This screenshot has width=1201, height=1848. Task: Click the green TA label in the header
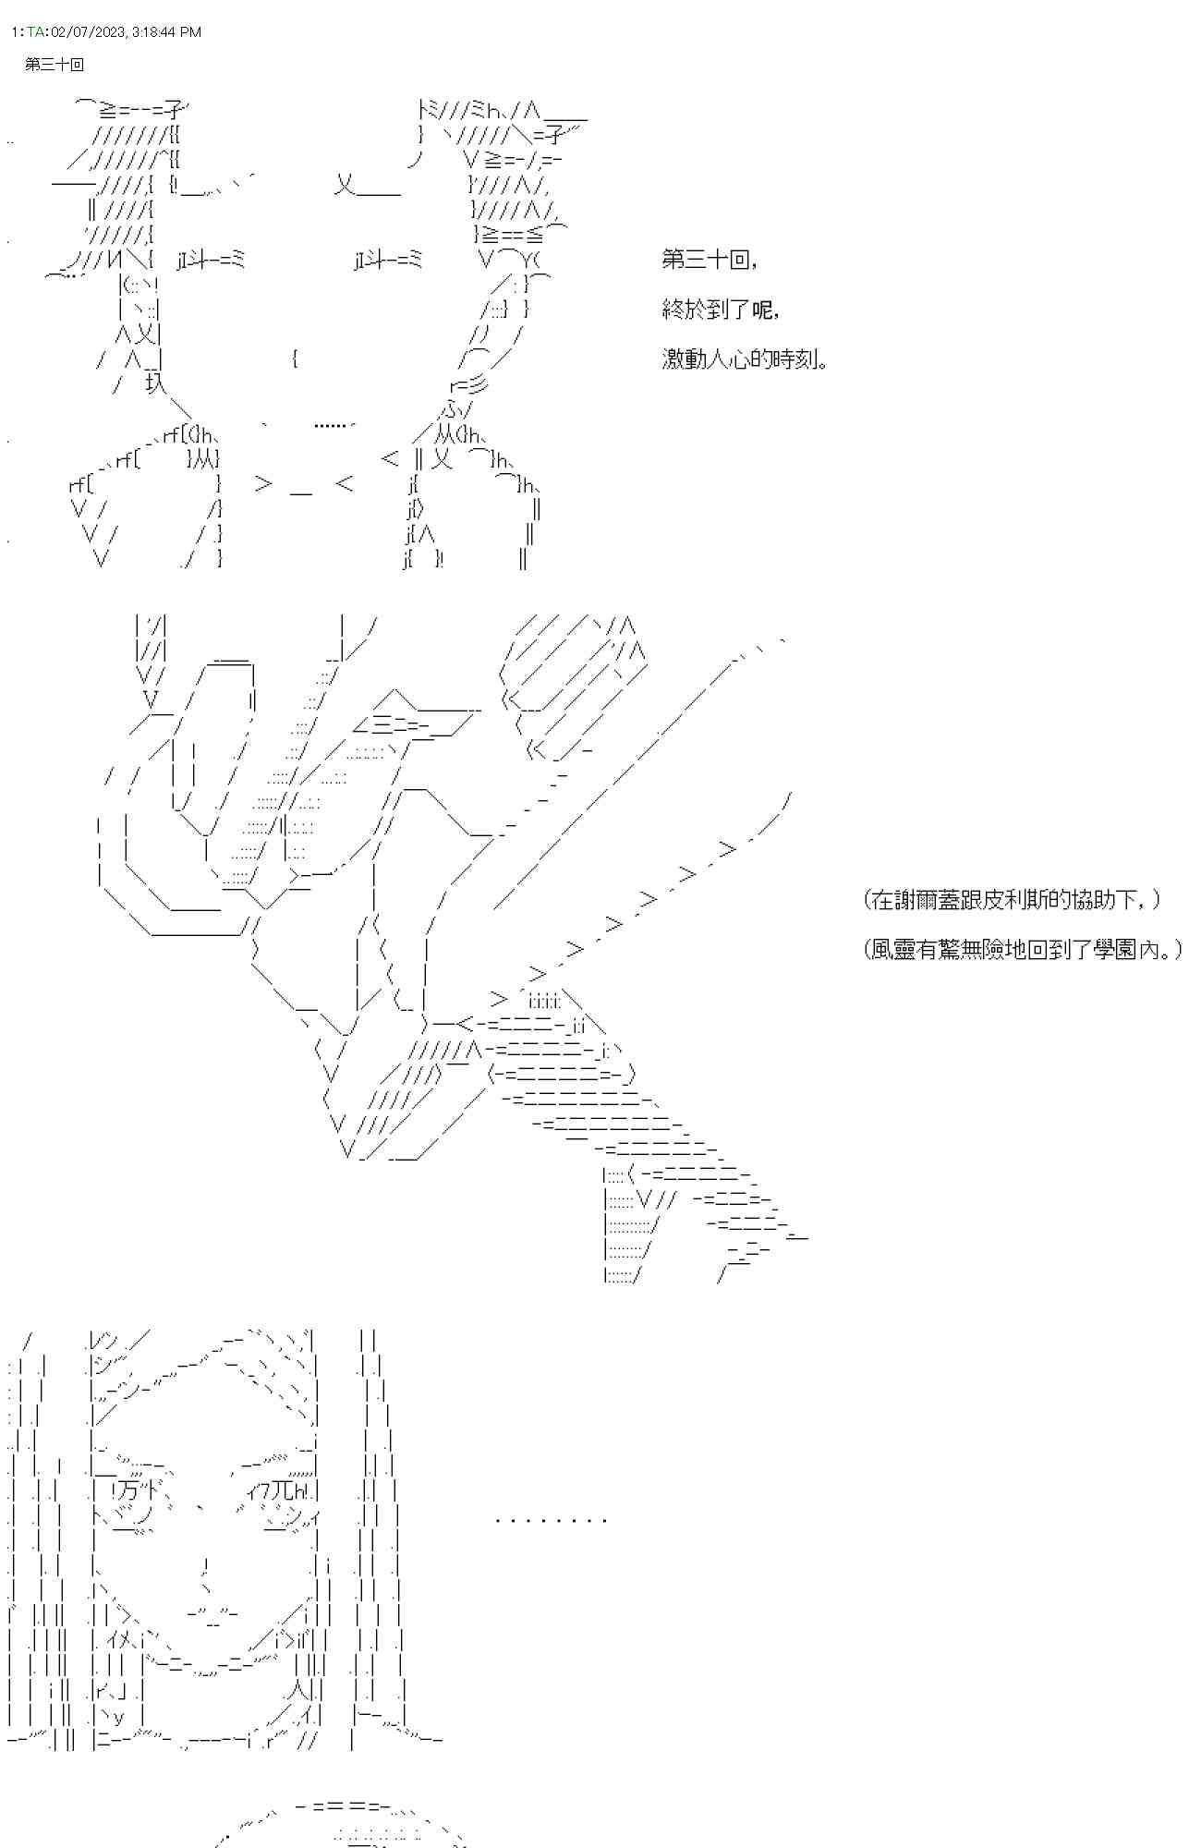tap(35, 31)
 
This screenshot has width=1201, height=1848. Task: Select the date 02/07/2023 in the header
tap(88, 31)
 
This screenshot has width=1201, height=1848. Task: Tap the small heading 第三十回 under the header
tap(55, 65)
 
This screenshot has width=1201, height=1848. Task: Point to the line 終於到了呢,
tap(721, 310)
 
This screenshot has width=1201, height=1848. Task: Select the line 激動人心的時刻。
tap(745, 359)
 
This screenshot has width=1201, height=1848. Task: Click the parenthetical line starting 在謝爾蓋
tap(1013, 899)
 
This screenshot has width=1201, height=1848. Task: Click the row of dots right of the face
tap(551, 1519)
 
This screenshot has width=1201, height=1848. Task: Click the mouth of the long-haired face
tap(213, 1613)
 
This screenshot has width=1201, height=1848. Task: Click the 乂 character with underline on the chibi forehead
tap(367, 187)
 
